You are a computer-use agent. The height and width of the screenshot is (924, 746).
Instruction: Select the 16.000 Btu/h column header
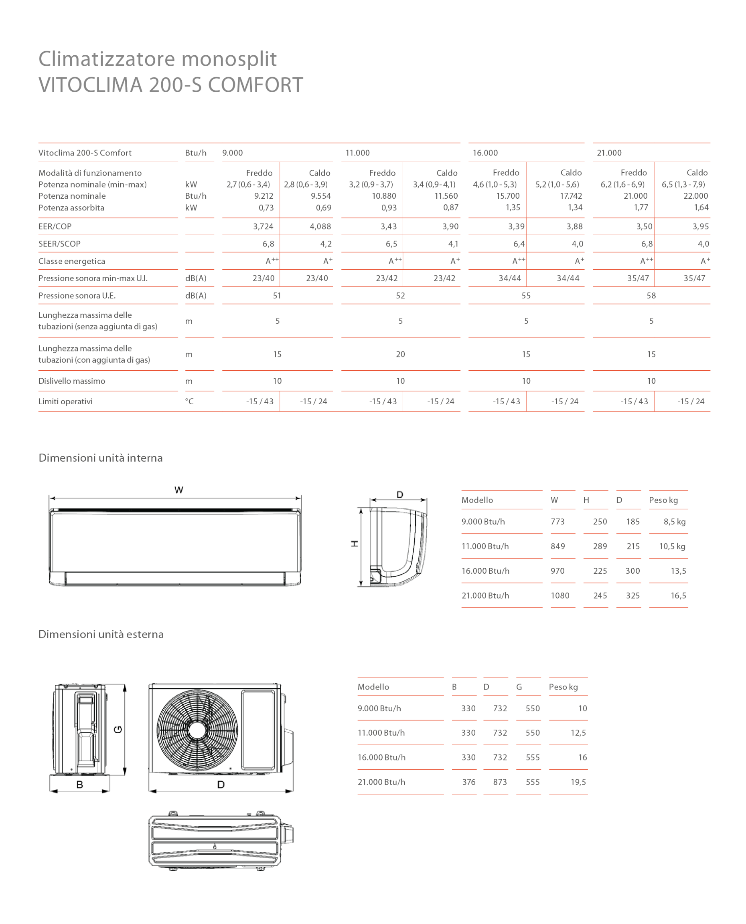tap(485, 153)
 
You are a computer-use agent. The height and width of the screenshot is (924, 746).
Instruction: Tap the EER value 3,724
tap(263, 226)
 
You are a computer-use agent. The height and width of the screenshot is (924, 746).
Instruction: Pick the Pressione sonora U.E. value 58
tap(651, 295)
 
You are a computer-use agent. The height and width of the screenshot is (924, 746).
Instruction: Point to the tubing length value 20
tap(400, 354)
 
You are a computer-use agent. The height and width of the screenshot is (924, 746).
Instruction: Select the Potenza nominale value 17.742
tap(571, 196)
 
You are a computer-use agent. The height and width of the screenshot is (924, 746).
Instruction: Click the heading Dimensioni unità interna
tap(101, 458)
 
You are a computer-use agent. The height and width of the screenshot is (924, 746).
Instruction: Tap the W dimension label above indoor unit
tap(179, 490)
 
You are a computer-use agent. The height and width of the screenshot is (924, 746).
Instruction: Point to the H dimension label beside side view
tap(355, 544)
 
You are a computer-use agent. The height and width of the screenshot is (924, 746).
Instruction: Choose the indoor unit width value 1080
tap(560, 595)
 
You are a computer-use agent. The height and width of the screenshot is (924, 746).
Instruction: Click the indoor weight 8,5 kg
tap(674, 522)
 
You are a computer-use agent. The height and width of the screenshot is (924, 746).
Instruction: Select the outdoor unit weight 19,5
tap(578, 782)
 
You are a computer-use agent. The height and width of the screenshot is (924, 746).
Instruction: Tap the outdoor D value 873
tap(500, 782)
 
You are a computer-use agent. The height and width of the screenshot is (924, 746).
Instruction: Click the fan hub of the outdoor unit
tap(197, 730)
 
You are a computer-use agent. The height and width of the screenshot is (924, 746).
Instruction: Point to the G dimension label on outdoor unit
tap(118, 730)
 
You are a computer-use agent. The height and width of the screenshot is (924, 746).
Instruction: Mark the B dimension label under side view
tap(79, 785)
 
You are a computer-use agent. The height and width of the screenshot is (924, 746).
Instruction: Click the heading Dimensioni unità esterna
tap(101, 634)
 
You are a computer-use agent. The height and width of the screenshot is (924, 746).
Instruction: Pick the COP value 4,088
tap(320, 226)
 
